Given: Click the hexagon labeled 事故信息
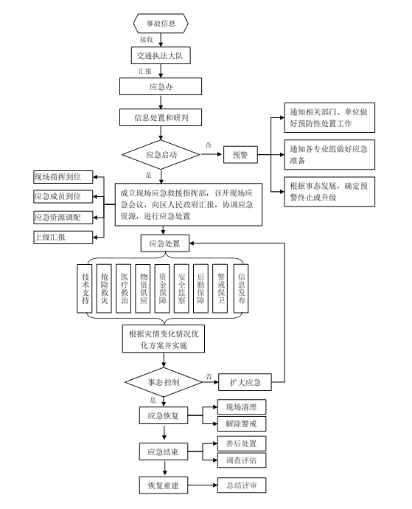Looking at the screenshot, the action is (x=161, y=23).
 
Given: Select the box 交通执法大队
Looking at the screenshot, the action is (x=161, y=55).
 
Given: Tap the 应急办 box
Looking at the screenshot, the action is (x=161, y=86).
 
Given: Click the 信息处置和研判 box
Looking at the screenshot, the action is (x=161, y=117).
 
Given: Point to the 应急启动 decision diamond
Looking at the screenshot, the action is (x=161, y=154).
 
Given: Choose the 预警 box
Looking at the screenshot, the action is (x=240, y=154).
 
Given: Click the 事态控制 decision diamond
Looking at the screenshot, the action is (x=164, y=382).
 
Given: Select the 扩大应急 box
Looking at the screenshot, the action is (x=245, y=382).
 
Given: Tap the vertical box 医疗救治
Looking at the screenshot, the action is (x=124, y=288).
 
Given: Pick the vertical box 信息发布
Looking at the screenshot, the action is (x=241, y=288).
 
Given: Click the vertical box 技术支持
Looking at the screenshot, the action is (x=85, y=288).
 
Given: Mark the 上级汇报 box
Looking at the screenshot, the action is (x=63, y=238).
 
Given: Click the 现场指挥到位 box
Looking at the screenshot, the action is (x=63, y=177).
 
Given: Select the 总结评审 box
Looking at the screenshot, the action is (x=242, y=485).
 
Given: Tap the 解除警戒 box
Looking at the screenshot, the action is (x=242, y=423).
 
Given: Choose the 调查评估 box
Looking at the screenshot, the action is (x=242, y=460).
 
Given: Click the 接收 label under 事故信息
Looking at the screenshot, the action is (x=147, y=40).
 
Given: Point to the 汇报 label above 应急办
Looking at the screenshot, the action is (x=145, y=71).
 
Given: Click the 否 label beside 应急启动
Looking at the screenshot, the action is (x=209, y=145).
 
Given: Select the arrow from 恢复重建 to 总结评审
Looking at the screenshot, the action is (x=203, y=485).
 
